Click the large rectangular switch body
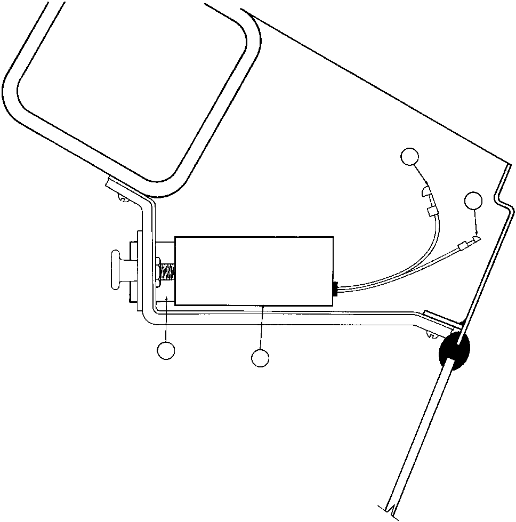coord(254,271)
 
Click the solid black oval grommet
coord(455,352)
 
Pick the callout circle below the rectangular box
coord(260,358)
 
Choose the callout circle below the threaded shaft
coord(166,350)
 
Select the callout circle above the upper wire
coord(409,156)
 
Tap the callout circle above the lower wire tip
coord(473,201)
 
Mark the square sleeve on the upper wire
coord(432,212)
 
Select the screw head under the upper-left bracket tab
coord(121,200)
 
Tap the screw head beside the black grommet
coord(433,335)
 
